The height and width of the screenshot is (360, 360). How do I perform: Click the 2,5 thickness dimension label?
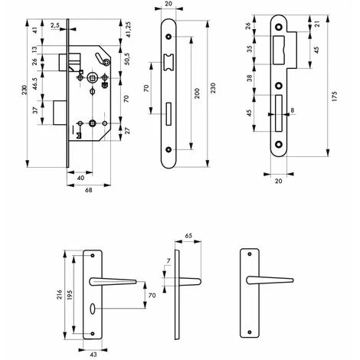tap(55, 25)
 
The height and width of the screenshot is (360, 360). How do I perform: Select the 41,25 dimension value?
tap(128, 29)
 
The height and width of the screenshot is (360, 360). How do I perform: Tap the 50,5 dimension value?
tap(127, 59)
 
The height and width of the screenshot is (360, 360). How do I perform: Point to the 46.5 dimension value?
tap(35, 83)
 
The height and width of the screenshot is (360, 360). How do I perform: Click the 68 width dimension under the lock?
tap(89, 190)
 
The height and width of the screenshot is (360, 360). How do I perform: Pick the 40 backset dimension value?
tap(80, 178)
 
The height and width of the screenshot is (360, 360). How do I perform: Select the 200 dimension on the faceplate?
tap(197, 93)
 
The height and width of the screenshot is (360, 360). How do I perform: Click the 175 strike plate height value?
tap(334, 97)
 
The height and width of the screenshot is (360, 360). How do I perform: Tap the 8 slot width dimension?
tap(293, 110)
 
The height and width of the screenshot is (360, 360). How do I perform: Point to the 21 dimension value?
tap(316, 25)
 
